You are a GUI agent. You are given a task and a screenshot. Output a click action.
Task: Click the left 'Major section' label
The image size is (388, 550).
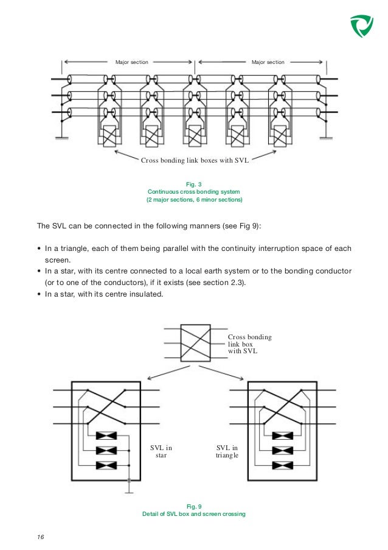point(131,62)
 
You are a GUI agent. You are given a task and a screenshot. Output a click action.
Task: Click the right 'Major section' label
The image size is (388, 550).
point(268,62)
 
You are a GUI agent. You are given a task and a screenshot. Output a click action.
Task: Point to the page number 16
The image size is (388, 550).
point(41,537)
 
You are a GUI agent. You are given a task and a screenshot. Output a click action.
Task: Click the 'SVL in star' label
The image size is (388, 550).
point(161,452)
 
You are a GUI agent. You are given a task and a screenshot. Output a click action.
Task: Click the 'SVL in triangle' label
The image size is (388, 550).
point(227,452)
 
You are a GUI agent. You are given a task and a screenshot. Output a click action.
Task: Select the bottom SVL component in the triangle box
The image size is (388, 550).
point(282,465)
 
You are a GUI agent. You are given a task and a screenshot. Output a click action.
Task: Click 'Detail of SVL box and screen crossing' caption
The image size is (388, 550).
point(193,515)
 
